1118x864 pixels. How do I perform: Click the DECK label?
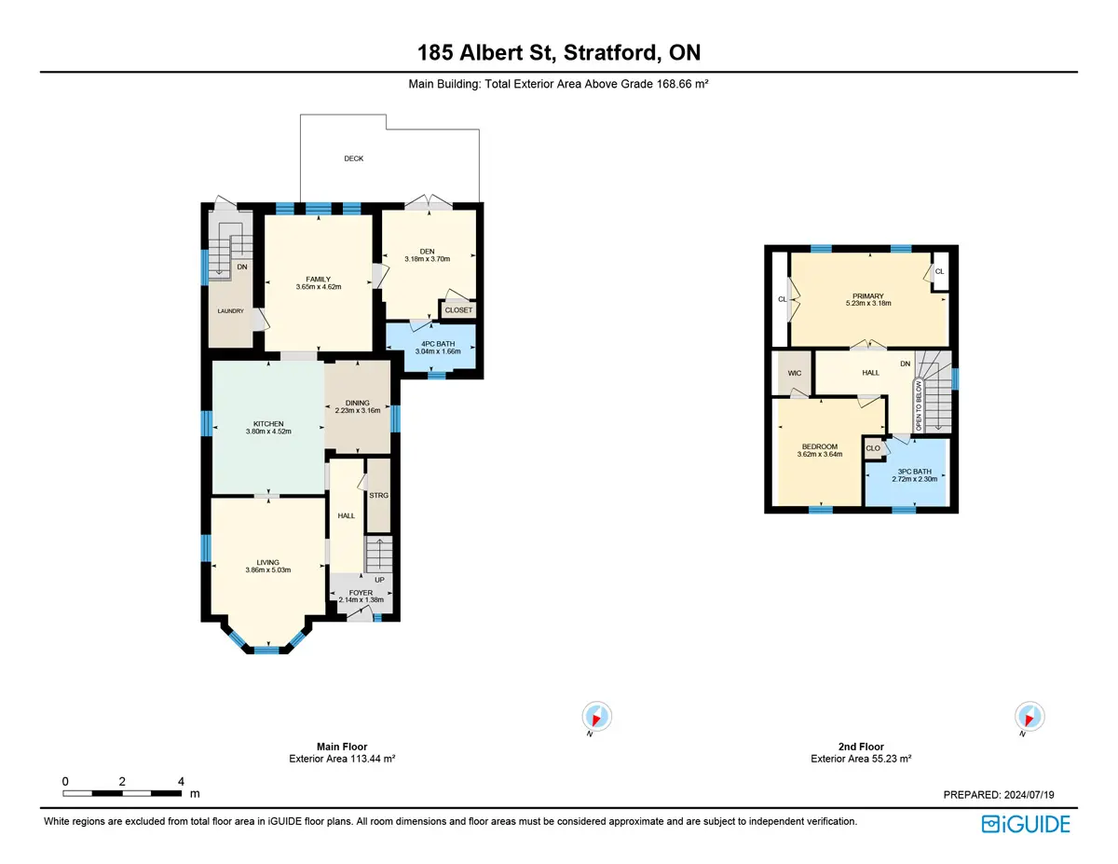(x=353, y=158)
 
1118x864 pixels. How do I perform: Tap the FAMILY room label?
(x=318, y=279)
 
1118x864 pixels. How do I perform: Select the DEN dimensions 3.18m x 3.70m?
(x=427, y=259)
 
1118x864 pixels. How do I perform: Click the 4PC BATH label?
(x=438, y=344)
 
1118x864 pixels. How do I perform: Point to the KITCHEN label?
(x=268, y=423)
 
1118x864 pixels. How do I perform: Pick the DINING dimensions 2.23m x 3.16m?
(x=358, y=411)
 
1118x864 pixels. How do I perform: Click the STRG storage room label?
(x=378, y=495)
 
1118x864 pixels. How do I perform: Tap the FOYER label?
(x=361, y=592)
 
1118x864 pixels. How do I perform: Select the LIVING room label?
(x=268, y=562)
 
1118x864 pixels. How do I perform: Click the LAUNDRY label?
(x=230, y=310)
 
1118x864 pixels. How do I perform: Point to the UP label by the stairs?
(x=380, y=580)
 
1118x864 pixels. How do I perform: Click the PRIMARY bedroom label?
(x=868, y=295)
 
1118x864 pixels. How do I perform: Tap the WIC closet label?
(x=795, y=373)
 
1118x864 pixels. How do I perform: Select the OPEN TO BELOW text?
(x=919, y=406)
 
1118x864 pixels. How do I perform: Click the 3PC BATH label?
(x=914, y=472)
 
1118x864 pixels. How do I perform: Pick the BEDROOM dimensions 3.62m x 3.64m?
(x=820, y=455)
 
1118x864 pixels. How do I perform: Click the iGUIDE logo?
(x=1026, y=824)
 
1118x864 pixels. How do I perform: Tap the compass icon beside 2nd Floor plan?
(x=1029, y=716)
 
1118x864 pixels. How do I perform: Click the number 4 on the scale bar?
(x=181, y=781)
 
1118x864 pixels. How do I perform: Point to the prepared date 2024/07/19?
(x=1029, y=794)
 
